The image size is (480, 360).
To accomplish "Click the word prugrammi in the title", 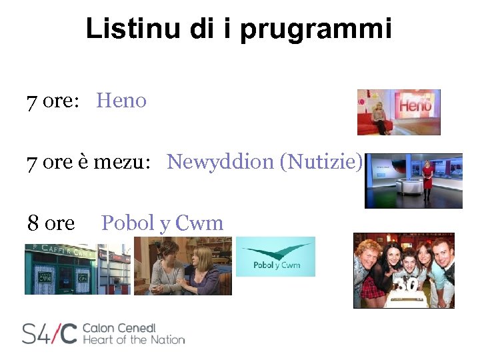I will tap(316, 30).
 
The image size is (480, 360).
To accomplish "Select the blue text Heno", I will tap(121, 101).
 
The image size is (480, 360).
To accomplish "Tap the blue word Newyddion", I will tap(219, 161).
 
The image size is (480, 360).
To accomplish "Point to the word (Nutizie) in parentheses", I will tap(322, 161).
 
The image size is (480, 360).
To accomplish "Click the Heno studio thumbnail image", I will tap(399, 112).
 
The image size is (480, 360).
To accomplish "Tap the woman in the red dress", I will tap(427, 179).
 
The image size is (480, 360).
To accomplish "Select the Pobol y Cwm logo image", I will tap(275, 257).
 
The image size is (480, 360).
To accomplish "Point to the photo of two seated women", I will tap(183, 267).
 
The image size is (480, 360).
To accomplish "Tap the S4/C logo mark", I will tap(49, 333).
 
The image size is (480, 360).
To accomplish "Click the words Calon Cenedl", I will tap(119, 327).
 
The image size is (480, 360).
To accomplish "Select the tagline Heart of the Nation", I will tap(133, 340).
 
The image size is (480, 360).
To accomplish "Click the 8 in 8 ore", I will tap(33, 223).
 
